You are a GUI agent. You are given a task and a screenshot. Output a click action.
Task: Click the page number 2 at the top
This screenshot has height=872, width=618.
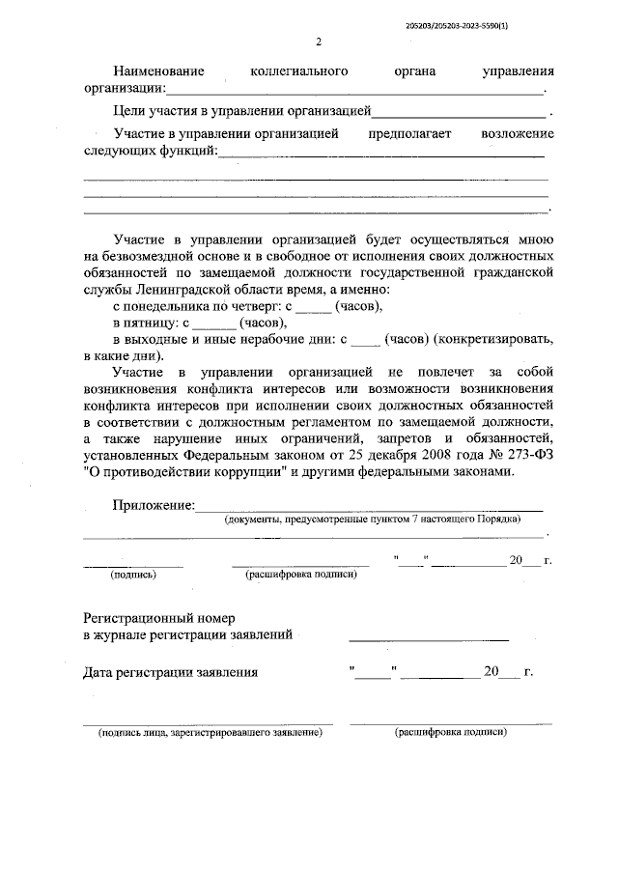pos(319,42)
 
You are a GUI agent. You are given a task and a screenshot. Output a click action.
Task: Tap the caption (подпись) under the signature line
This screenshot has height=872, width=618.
pos(133,574)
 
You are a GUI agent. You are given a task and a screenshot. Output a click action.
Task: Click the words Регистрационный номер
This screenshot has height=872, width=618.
pos(158,617)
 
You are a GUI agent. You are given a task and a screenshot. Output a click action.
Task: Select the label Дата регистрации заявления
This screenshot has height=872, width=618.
pos(171,672)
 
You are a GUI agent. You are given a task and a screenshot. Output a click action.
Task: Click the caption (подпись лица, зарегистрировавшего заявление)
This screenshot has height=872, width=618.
pos(210,732)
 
